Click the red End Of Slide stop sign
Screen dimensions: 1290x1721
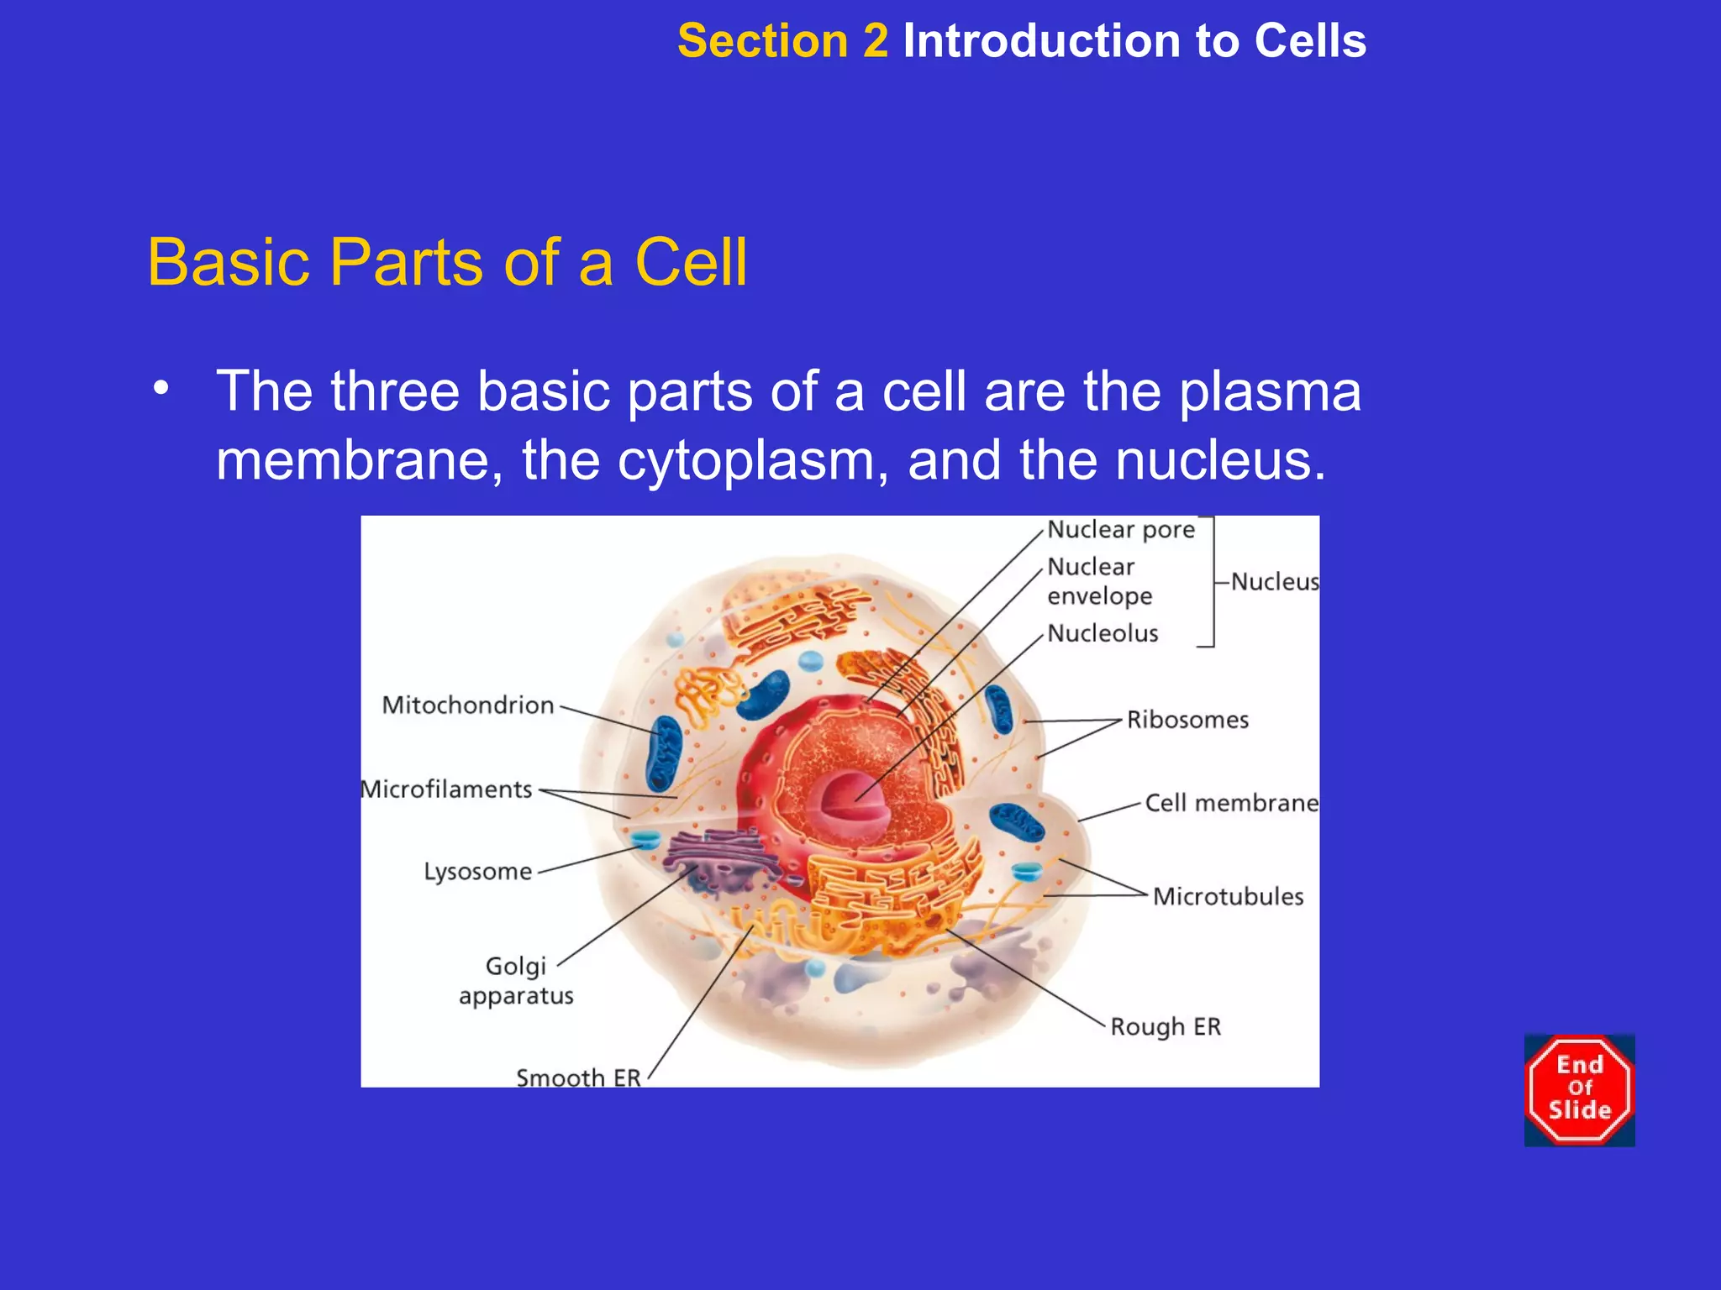pyautogui.click(x=1579, y=1089)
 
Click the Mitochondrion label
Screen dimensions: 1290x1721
pyautogui.click(x=468, y=705)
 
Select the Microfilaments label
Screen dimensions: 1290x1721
pyautogui.click(x=447, y=790)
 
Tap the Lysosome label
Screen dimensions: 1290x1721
pyautogui.click(x=477, y=872)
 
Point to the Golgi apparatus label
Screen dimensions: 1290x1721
pyautogui.click(x=516, y=981)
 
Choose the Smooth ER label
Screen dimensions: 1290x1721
pyautogui.click(x=578, y=1077)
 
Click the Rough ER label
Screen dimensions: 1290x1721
pyautogui.click(x=1165, y=1027)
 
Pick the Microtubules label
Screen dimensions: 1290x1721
pyautogui.click(x=1228, y=897)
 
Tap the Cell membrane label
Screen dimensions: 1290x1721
pyautogui.click(x=1231, y=804)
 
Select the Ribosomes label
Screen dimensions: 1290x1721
pyautogui.click(x=1187, y=721)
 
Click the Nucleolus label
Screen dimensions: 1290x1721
pyautogui.click(x=1103, y=634)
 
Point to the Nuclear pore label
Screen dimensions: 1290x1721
pyautogui.click(x=1120, y=530)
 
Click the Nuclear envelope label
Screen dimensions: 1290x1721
pyautogui.click(x=1098, y=581)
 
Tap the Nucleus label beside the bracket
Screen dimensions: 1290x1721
pyautogui.click(x=1274, y=582)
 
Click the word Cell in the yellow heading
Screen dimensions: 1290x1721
pyautogui.click(x=691, y=263)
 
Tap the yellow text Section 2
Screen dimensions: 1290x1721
pyautogui.click(x=782, y=41)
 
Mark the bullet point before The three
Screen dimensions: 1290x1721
pyautogui.click(x=161, y=389)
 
